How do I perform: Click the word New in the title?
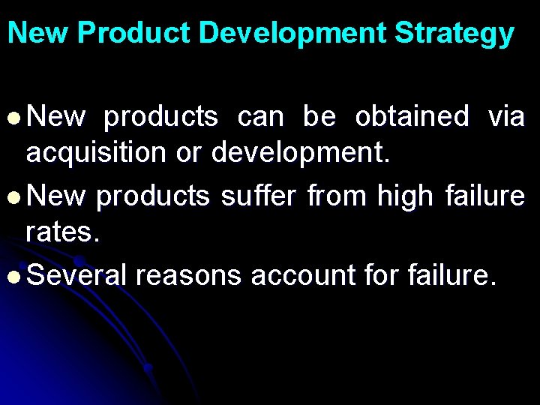click(x=38, y=34)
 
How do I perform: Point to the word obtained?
click(x=412, y=117)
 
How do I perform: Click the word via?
click(x=506, y=117)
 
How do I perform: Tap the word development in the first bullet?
click(x=301, y=154)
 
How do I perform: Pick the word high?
click(x=405, y=196)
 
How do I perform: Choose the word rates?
click(x=61, y=233)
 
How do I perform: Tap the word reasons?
click(x=188, y=277)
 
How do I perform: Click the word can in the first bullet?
click(x=261, y=118)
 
